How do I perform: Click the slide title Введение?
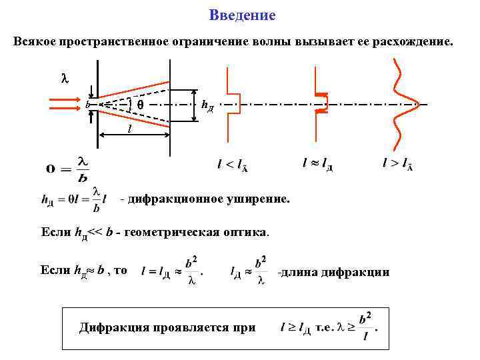(x=242, y=15)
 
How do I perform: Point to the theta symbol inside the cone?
(x=140, y=105)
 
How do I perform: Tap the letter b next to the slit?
(x=87, y=105)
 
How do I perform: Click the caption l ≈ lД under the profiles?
(x=317, y=163)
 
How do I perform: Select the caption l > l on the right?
(x=397, y=163)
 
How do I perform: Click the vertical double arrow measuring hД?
(x=194, y=105)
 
